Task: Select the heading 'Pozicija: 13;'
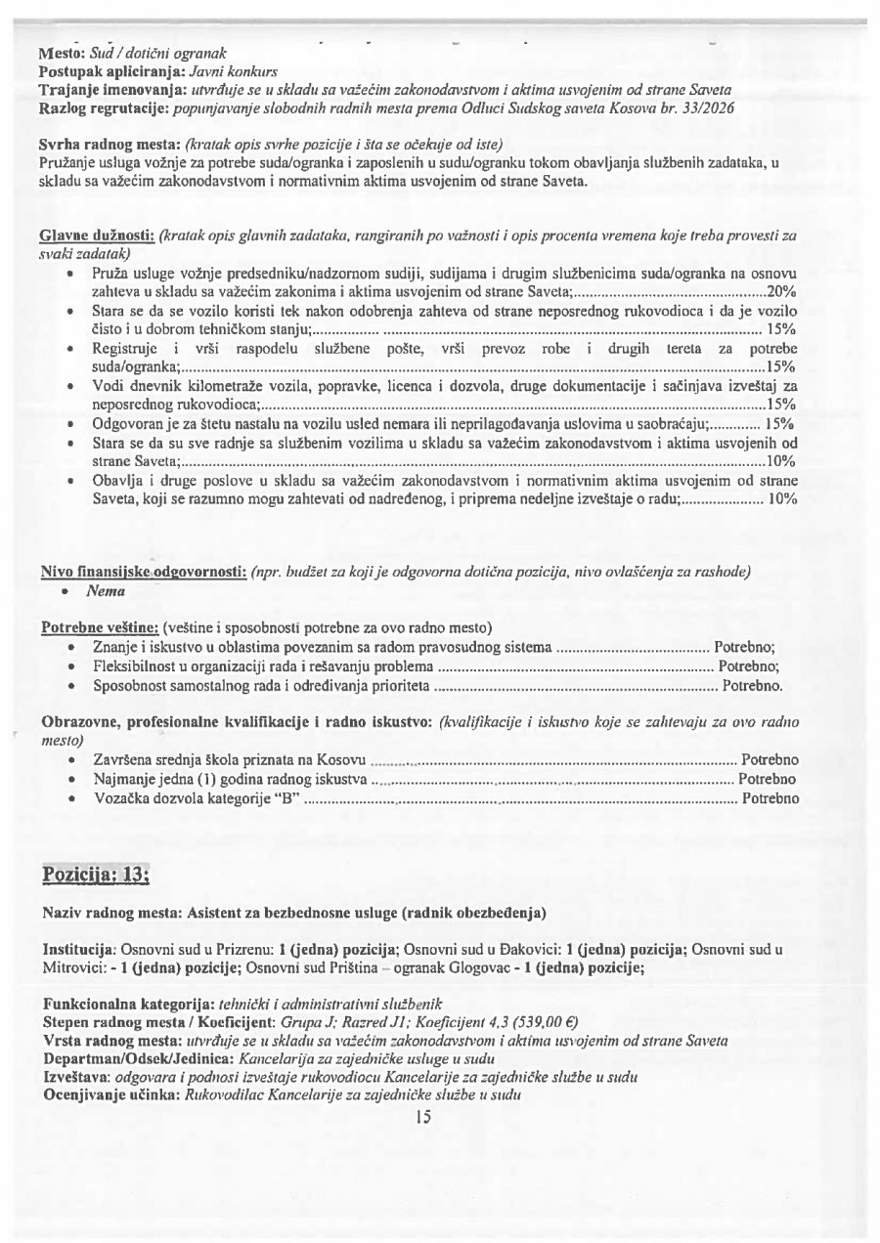[95, 872]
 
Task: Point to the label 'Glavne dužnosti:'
[97, 236]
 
